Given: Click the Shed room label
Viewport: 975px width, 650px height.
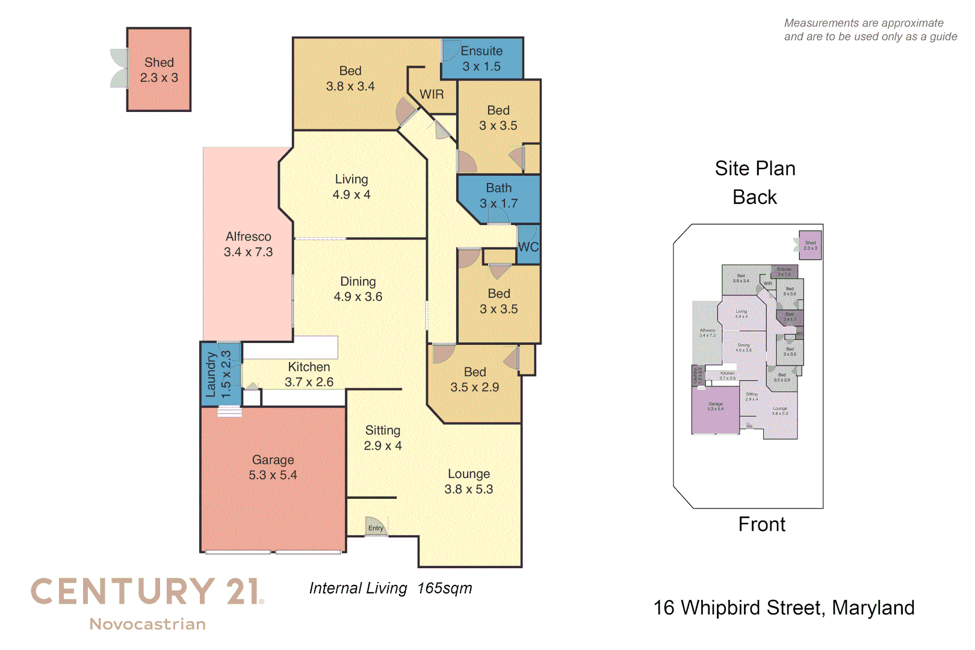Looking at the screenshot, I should pyautogui.click(x=159, y=63).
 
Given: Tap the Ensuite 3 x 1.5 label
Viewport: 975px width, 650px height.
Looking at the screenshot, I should pyautogui.click(x=481, y=59).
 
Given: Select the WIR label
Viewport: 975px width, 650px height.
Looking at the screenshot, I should pyautogui.click(x=432, y=94).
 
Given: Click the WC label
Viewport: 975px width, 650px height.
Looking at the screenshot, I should pyautogui.click(x=528, y=247).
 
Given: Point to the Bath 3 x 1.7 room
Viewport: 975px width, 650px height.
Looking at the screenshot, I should pyautogui.click(x=498, y=196).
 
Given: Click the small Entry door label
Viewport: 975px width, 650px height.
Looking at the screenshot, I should pyautogui.click(x=376, y=528).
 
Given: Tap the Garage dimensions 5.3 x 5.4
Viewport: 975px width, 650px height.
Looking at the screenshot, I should pyautogui.click(x=273, y=475).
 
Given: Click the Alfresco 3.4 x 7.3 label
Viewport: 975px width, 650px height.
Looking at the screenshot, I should pyautogui.click(x=248, y=244).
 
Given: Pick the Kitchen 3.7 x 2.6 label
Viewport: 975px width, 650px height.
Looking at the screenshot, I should pyautogui.click(x=309, y=374).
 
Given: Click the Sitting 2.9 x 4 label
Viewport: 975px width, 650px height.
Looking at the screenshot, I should pyautogui.click(x=383, y=438).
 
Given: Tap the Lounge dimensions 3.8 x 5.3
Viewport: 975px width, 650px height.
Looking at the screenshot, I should pyautogui.click(x=468, y=489).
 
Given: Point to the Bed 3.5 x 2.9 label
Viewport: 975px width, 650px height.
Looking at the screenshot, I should pyautogui.click(x=475, y=380).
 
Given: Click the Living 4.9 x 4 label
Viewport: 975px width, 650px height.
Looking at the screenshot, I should pyautogui.click(x=351, y=187).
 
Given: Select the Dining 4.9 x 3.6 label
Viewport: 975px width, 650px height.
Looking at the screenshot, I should pyautogui.click(x=358, y=289).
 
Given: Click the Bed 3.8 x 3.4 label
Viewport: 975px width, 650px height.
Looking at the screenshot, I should pyautogui.click(x=350, y=79).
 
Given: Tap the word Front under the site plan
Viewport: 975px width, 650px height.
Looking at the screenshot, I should pyautogui.click(x=761, y=524).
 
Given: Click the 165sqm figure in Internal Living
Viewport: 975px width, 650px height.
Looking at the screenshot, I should pyautogui.click(x=445, y=588).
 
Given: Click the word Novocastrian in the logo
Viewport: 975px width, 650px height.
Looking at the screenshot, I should pyautogui.click(x=147, y=624).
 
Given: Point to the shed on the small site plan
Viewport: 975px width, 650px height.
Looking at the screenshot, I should pyautogui.click(x=810, y=245).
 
